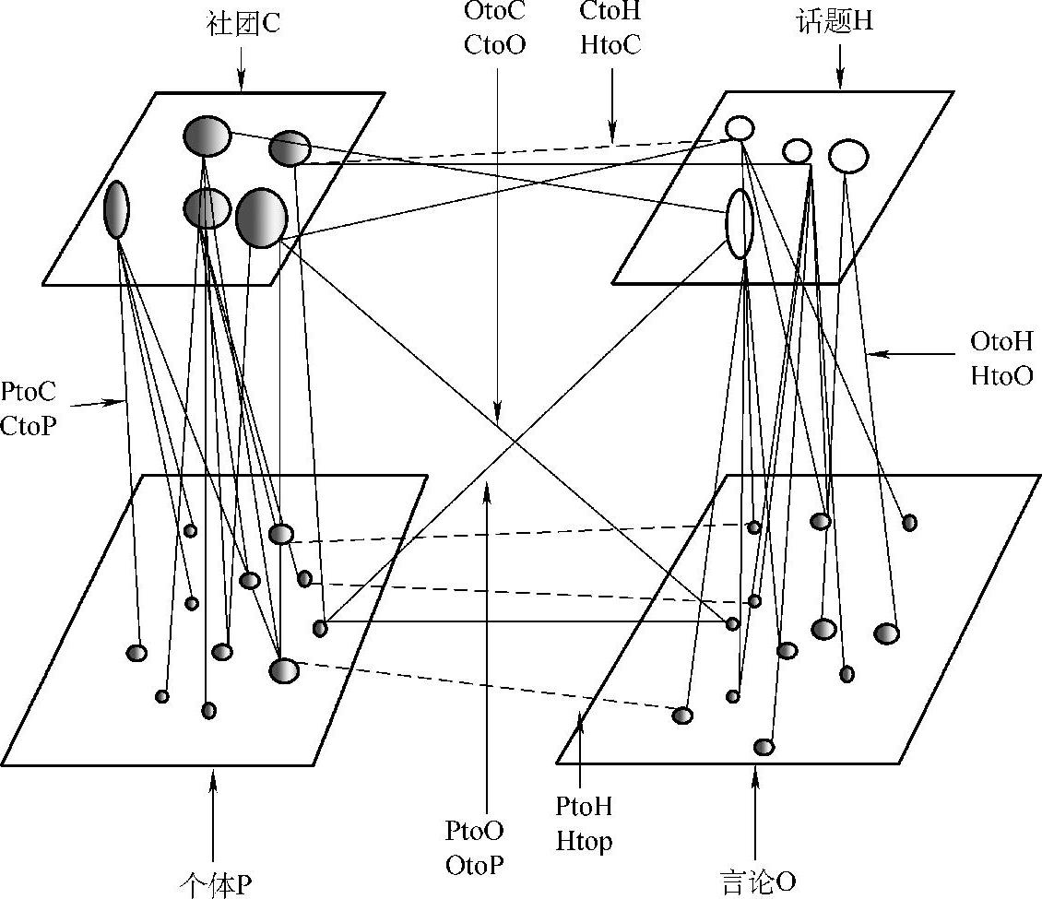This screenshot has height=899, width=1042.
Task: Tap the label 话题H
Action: click(834, 22)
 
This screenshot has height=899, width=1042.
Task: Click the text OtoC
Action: click(495, 15)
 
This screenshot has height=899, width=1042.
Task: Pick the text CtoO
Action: click(495, 43)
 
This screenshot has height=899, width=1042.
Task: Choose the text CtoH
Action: click(611, 15)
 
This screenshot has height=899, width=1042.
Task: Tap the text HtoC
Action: click(611, 43)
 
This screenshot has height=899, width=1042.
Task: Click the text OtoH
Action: click(1001, 342)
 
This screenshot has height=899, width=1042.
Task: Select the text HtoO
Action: click(1001, 375)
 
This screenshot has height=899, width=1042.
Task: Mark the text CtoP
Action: click(28, 425)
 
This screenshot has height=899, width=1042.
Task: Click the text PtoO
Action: click(475, 832)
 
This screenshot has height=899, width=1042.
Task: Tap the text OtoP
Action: click(475, 865)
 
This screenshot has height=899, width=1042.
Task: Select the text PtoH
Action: click(584, 808)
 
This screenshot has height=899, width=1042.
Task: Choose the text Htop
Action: click(584, 841)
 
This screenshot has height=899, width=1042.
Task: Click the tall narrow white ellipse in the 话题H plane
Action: click(740, 224)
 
